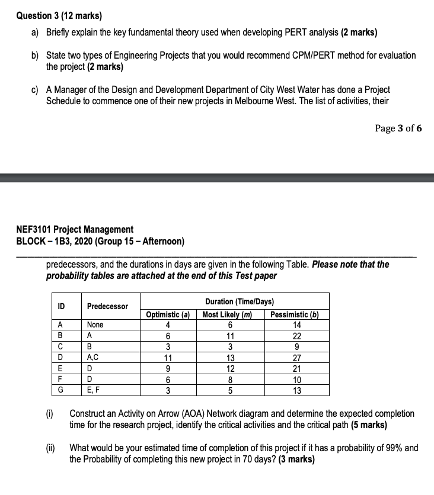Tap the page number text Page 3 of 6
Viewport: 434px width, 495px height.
pos(398,128)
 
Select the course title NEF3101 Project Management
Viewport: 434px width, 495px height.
pos(74,229)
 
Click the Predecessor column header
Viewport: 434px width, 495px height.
pos(107,306)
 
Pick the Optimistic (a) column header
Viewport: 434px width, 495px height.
pos(168,315)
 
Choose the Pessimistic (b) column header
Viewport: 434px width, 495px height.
pos(295,315)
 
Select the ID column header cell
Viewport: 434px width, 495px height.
pos(61,306)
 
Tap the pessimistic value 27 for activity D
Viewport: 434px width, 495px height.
pos(297,357)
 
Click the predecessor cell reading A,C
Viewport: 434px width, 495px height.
pos(93,357)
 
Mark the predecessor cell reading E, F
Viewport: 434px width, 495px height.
pos(94,390)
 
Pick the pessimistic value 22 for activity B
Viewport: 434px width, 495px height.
pos(297,335)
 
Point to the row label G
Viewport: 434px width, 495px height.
pos(61,390)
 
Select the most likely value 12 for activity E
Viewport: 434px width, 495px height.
pos(231,368)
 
